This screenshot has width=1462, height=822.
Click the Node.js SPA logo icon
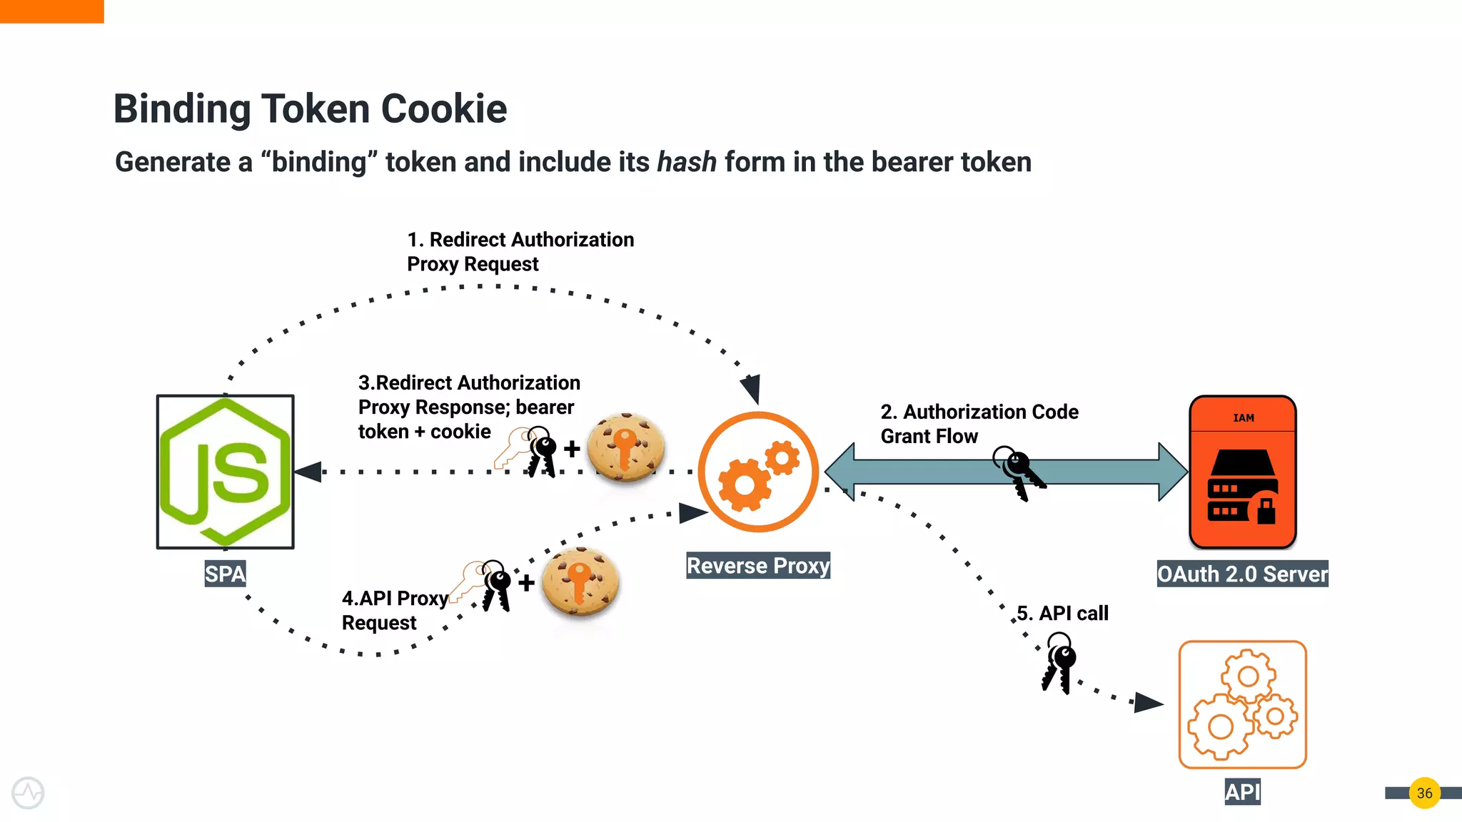[x=226, y=472]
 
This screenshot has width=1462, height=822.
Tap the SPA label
[x=225, y=574]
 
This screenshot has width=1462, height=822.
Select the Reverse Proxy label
[x=757, y=566]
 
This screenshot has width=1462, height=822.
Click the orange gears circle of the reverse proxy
[x=757, y=472]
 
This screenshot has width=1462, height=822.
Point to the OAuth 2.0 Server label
[x=1242, y=574]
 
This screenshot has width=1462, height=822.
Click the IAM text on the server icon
[x=1243, y=418]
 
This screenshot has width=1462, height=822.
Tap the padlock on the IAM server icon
[x=1266, y=509]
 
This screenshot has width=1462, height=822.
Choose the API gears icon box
[x=1242, y=704]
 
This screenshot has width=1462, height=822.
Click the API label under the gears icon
[x=1242, y=792]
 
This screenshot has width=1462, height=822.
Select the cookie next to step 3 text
[x=626, y=448]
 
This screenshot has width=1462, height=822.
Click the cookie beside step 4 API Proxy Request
[x=580, y=582]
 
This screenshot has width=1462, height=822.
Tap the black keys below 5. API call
[x=1059, y=664]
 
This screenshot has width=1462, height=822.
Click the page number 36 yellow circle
[x=1424, y=793]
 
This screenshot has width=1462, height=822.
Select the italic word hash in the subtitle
[x=686, y=162]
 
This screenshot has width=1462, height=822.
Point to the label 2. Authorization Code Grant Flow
[x=979, y=424]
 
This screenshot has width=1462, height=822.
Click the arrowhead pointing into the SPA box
[x=308, y=472]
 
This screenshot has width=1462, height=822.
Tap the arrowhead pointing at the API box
[x=1149, y=702]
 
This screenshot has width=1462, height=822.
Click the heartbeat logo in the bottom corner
[x=28, y=793]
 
